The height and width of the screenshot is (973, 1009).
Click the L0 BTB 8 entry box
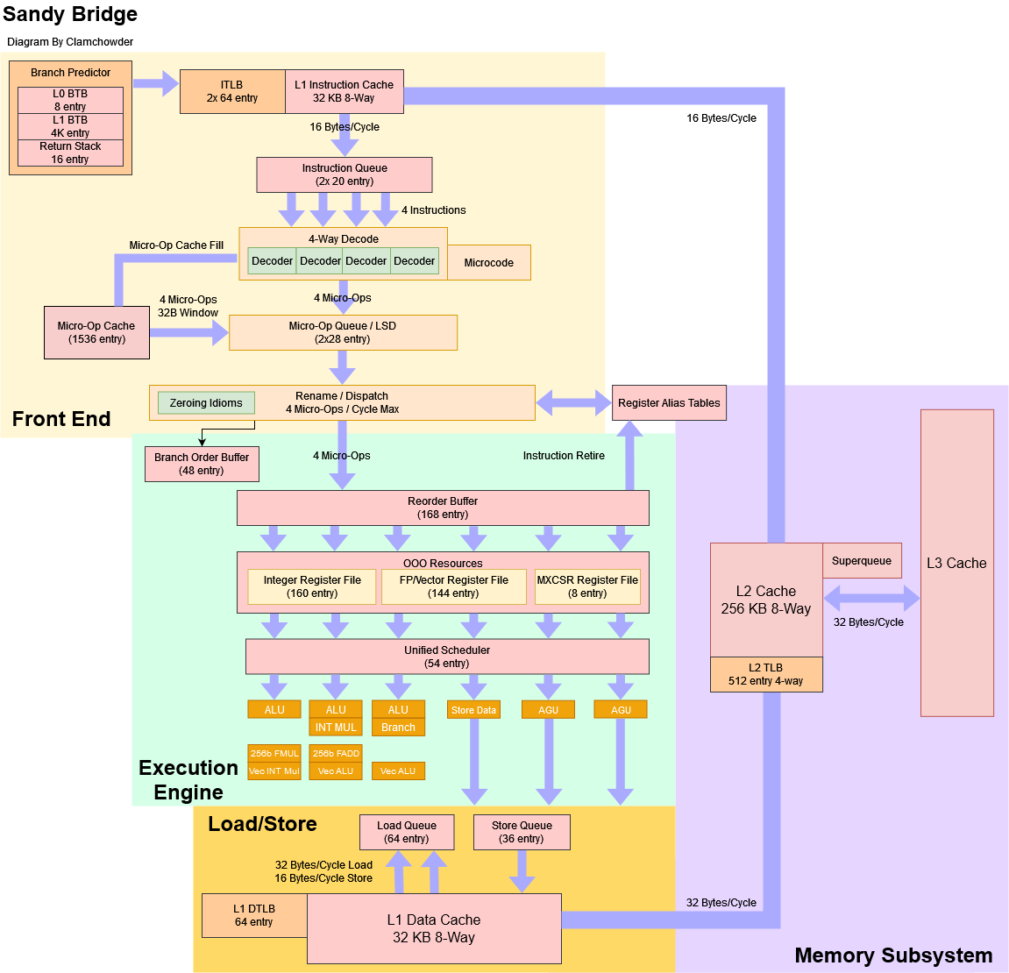70,100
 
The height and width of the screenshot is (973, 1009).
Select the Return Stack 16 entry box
70,153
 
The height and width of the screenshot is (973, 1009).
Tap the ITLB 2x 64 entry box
232,91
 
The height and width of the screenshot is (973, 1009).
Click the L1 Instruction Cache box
344,91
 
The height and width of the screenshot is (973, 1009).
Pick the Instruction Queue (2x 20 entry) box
344,174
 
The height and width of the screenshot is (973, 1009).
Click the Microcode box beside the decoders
489,263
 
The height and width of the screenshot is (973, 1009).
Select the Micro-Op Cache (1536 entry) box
96,332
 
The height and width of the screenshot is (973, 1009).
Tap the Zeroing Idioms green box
206,403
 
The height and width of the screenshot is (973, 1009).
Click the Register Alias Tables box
669,403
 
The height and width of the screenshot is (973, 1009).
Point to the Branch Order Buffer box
202,464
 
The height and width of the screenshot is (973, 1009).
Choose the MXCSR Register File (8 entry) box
587,586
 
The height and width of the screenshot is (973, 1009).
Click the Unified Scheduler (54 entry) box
447,657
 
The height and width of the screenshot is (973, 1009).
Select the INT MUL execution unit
336,728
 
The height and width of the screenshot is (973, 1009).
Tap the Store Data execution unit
473,710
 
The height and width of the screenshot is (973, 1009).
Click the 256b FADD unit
336,753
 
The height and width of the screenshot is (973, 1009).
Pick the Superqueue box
862,561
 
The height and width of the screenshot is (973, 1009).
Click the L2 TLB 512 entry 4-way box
766,674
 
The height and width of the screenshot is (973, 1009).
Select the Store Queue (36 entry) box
522,832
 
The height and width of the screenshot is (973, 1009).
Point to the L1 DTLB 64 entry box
254,915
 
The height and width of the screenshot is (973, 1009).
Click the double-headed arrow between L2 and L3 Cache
871,600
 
